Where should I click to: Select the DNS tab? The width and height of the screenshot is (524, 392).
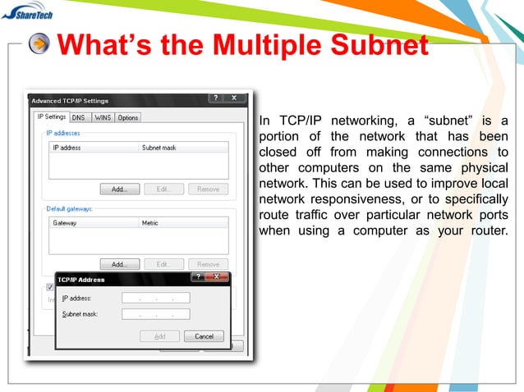78,117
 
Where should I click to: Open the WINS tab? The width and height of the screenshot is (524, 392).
103,117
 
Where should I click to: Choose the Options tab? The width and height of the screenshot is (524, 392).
128,117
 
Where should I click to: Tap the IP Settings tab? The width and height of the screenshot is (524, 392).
52,116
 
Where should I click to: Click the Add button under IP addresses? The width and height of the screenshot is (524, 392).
120,189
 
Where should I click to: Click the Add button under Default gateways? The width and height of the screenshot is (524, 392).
120,264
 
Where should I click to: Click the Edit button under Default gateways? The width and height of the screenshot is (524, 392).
163,264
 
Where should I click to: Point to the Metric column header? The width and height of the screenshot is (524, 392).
150,223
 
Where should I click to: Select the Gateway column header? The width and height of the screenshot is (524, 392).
66,223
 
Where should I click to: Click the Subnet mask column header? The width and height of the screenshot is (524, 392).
159,148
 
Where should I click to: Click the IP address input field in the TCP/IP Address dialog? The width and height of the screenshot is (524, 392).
155,298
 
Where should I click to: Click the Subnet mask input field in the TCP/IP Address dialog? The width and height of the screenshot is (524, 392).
155,314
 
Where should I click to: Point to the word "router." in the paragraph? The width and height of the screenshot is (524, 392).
487,230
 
